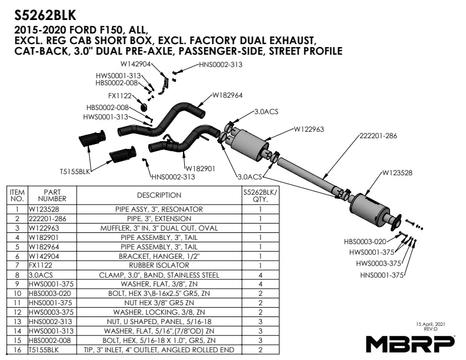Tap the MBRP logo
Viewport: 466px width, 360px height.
click(x=410, y=342)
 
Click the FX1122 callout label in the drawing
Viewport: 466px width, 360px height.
click(x=119, y=95)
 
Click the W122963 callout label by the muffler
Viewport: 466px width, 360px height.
click(x=309, y=128)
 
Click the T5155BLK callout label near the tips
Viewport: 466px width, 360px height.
click(x=75, y=172)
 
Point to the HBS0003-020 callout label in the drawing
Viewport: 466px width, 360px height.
click(x=364, y=241)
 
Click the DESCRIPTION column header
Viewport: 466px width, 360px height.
click(x=159, y=195)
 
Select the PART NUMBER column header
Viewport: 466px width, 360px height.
click(x=52, y=195)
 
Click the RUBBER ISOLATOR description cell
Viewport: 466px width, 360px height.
click(x=159, y=265)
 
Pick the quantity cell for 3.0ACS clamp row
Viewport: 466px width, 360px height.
click(x=260, y=275)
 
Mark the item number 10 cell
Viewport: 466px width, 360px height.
click(x=17, y=293)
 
